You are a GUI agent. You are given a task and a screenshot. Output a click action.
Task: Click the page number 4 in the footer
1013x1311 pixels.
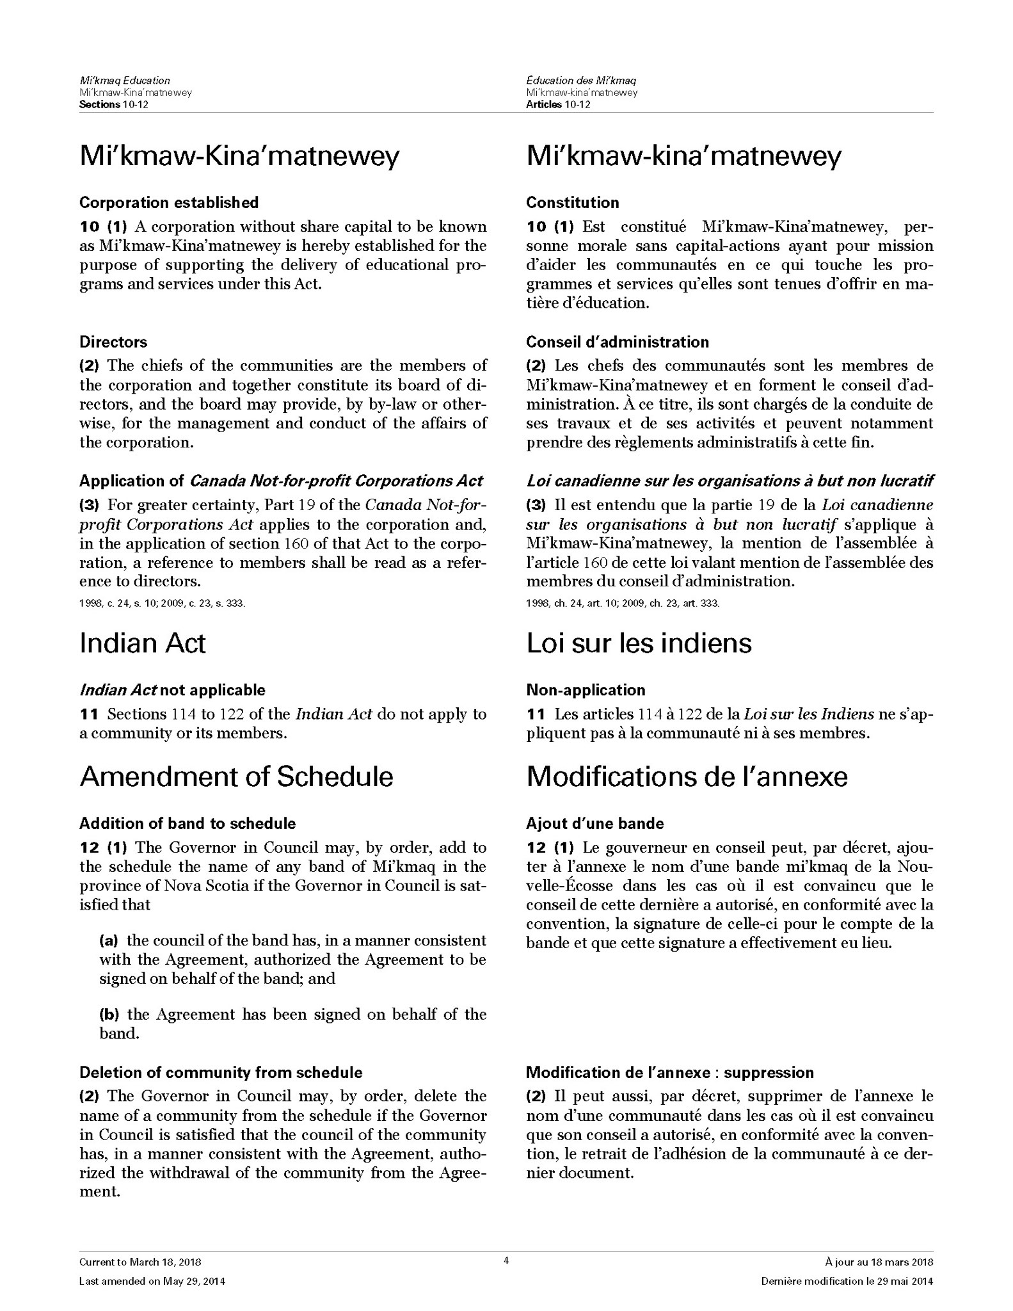pos(506,1261)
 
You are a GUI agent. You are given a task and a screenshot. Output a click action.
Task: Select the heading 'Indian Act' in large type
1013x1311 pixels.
pos(142,643)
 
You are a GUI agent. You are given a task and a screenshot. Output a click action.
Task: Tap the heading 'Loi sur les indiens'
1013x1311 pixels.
pos(639,643)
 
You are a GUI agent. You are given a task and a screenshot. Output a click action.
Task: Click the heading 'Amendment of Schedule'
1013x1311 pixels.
pos(236,776)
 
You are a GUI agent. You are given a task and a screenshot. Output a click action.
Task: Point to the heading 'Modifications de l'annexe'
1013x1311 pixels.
pos(687,776)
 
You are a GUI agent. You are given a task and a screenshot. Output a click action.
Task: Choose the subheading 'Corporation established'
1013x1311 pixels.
pos(169,203)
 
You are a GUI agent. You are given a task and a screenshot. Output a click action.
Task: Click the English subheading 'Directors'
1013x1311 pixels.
pos(113,342)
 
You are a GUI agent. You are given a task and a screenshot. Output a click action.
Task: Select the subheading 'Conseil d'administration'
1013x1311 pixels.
pos(618,342)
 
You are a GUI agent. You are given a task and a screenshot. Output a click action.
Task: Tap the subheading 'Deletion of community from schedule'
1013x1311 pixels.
pos(221,1072)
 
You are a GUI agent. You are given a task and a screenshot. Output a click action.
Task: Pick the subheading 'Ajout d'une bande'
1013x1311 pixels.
pos(595,824)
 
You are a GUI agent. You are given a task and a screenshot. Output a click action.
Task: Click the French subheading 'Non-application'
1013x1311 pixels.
pos(586,690)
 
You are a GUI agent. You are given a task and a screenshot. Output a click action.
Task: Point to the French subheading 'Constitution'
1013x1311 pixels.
pos(573,203)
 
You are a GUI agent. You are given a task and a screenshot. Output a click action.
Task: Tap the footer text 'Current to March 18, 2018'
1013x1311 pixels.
pos(140,1262)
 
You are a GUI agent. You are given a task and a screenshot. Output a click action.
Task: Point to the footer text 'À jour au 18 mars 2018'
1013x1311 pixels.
pos(879,1262)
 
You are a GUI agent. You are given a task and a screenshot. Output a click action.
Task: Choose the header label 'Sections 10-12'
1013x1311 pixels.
pos(114,104)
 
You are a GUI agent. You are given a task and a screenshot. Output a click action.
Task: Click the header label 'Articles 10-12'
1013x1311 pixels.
pos(558,104)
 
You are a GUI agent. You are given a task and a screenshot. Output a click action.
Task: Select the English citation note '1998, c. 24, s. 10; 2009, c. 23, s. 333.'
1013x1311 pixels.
pos(163,603)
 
